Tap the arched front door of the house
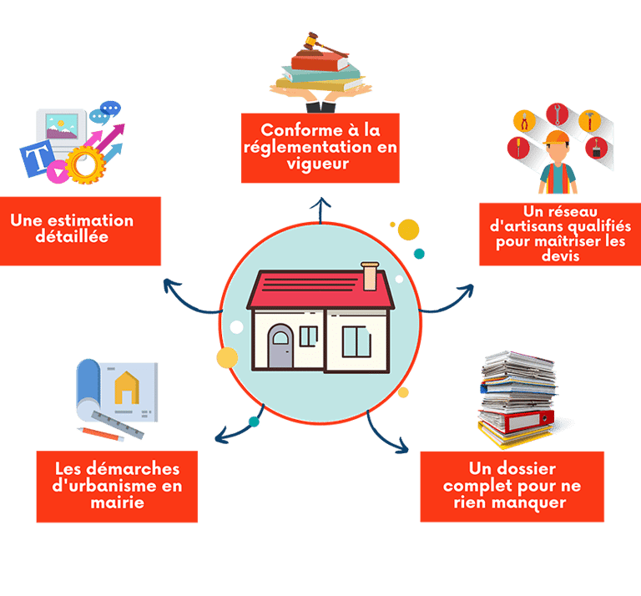(x=280, y=346)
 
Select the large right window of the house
(x=356, y=341)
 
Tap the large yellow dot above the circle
(x=408, y=229)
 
